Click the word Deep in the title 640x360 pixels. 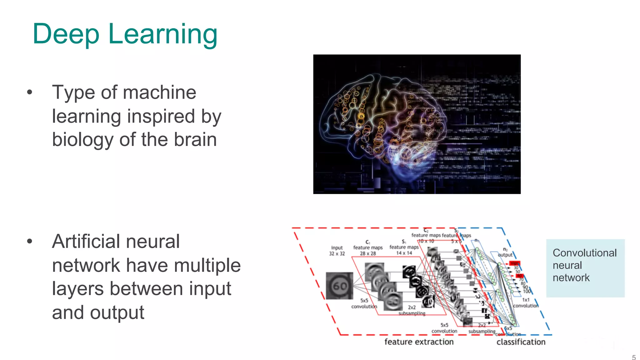pyautogui.click(x=66, y=34)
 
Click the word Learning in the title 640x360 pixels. pyautogui.click(x=162, y=34)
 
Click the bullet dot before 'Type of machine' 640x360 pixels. pyautogui.click(x=30, y=92)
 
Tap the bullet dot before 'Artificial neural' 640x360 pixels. pyautogui.click(x=30, y=241)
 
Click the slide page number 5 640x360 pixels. pyautogui.click(x=634, y=357)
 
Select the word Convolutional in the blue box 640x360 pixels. pyautogui.click(x=585, y=253)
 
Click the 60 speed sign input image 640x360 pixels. pyautogui.click(x=339, y=286)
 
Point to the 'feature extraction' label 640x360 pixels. pyautogui.click(x=419, y=342)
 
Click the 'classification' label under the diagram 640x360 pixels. pyautogui.click(x=521, y=342)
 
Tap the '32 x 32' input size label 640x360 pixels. pyautogui.click(x=337, y=253)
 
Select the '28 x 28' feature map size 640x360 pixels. pyautogui.click(x=368, y=253)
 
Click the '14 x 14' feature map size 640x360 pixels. pyautogui.click(x=404, y=253)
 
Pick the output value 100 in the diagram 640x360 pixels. pyautogui.click(x=527, y=291)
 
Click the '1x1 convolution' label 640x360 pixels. pyautogui.click(x=526, y=303)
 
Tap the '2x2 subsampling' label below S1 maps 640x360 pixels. pyautogui.click(x=412, y=310)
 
